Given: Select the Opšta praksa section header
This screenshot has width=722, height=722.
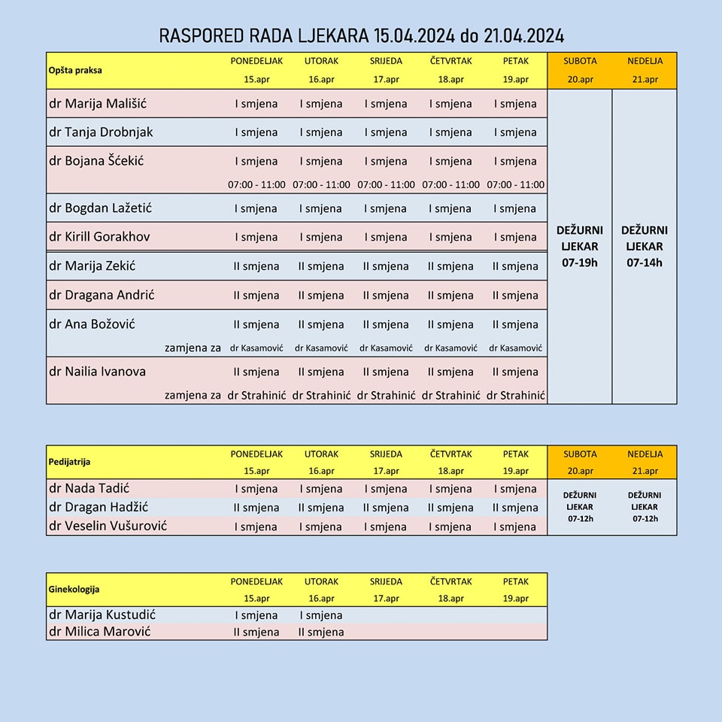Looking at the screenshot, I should (x=75, y=70).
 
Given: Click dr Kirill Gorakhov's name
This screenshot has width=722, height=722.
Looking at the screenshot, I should (x=99, y=236).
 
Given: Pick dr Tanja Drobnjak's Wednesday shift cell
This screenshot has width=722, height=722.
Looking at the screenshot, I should (x=386, y=132).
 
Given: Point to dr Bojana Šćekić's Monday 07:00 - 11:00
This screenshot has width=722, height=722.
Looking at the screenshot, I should (x=256, y=184).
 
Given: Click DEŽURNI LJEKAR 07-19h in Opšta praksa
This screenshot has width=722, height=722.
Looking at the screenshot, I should (x=579, y=246).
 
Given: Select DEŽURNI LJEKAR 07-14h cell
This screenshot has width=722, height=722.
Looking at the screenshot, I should (x=645, y=246).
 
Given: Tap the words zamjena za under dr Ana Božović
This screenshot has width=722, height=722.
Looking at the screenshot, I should (x=193, y=348).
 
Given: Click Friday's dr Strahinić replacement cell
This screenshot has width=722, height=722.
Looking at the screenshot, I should (x=515, y=395).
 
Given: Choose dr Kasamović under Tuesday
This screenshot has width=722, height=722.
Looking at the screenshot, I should (x=321, y=348).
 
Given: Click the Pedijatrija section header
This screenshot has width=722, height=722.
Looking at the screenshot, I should (x=69, y=462).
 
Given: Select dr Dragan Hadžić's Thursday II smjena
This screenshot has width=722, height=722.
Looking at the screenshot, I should (x=450, y=508).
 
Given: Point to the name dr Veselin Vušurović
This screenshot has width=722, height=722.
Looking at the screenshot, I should (x=108, y=526).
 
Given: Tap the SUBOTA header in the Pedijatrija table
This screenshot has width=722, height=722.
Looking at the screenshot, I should (x=579, y=454).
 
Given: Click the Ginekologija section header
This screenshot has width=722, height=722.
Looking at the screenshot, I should (x=74, y=590).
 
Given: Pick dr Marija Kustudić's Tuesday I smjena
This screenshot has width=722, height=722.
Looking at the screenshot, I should (x=321, y=615).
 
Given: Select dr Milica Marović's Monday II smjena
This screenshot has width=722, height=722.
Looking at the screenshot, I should (x=256, y=632).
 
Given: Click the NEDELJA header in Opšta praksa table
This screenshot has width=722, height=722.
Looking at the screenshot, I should (x=645, y=61).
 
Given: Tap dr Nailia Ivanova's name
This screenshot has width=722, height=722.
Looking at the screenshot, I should (x=97, y=371).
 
